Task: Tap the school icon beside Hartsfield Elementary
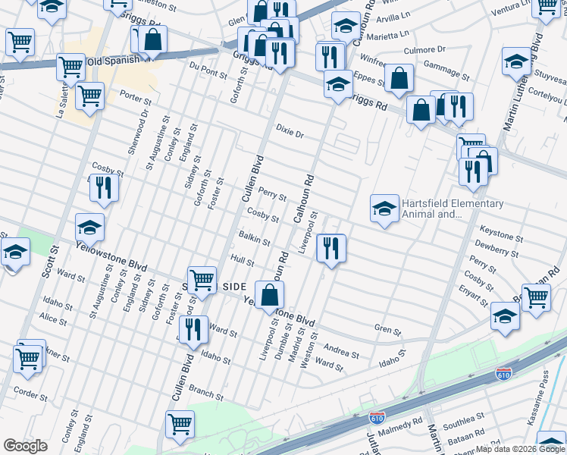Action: click(x=385, y=209)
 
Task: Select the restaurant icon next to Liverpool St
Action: click(x=331, y=248)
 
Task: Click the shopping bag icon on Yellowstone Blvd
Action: click(x=269, y=295)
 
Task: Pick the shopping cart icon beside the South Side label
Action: click(x=202, y=279)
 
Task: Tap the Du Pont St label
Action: click(x=208, y=73)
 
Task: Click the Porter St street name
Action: click(x=136, y=99)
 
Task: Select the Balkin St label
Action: click(x=255, y=240)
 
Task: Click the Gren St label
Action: click(x=387, y=329)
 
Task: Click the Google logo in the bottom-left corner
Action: click(x=25, y=446)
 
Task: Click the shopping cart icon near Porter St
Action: click(x=90, y=96)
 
